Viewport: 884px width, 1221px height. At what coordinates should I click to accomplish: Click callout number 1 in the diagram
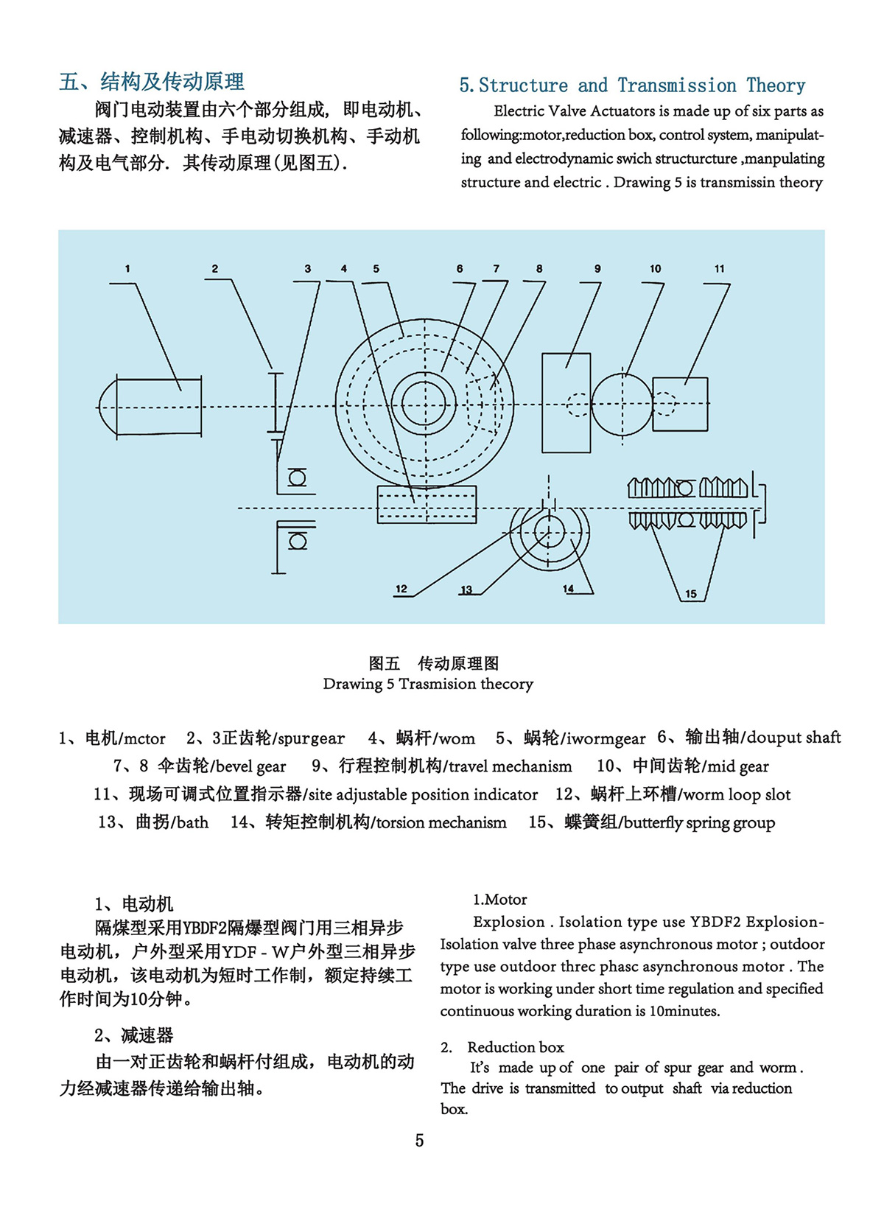point(127,269)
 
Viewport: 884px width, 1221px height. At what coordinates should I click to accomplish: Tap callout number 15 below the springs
point(690,594)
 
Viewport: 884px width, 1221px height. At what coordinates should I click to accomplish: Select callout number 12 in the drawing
point(401,589)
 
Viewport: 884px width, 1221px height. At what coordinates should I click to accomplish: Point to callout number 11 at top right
point(719,269)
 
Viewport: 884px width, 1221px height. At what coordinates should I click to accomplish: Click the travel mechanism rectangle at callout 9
point(566,402)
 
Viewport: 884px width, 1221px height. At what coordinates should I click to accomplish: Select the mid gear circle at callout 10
point(622,405)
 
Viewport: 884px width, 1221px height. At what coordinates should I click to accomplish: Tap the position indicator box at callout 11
point(680,404)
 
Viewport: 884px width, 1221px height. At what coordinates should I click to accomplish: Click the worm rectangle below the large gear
point(427,505)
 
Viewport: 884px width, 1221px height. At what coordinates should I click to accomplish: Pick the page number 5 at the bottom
point(419,1141)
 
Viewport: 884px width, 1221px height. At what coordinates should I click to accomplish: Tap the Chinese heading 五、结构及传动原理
point(152,82)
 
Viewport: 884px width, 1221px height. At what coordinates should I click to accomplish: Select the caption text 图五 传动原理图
point(434,663)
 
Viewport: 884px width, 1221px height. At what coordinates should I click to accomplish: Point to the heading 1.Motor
point(500,900)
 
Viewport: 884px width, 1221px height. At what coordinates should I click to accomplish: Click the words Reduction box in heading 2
point(516,1047)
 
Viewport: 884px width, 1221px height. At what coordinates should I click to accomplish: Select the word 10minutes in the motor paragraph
point(684,1011)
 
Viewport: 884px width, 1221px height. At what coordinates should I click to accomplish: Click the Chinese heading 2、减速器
point(134,1035)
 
